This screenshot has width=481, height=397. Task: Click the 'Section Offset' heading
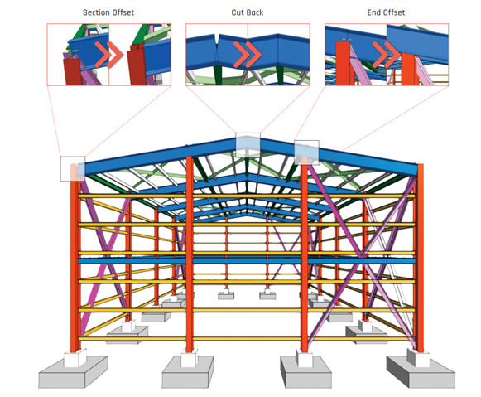(108, 12)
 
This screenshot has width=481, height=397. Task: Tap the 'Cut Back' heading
(248, 12)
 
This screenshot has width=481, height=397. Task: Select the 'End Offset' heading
(386, 12)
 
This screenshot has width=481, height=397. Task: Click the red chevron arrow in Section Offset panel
(109, 55)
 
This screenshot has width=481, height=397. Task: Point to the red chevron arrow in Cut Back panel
(248, 55)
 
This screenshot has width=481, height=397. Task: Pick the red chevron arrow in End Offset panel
(387, 55)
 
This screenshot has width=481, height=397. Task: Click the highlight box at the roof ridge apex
(248, 144)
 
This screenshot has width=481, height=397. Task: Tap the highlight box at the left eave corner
(73, 168)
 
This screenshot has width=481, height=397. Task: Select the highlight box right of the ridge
(306, 153)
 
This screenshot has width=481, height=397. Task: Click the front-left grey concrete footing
(73, 372)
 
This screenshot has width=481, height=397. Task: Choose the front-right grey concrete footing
(421, 372)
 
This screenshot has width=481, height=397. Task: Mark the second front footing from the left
(187, 372)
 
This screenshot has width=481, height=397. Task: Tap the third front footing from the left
(305, 372)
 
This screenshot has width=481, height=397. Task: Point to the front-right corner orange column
(420, 258)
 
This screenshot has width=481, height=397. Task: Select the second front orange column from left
(190, 254)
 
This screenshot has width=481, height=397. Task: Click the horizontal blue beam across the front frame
(247, 261)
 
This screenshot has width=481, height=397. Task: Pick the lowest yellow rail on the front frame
(247, 339)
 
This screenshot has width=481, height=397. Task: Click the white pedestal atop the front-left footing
(75, 358)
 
